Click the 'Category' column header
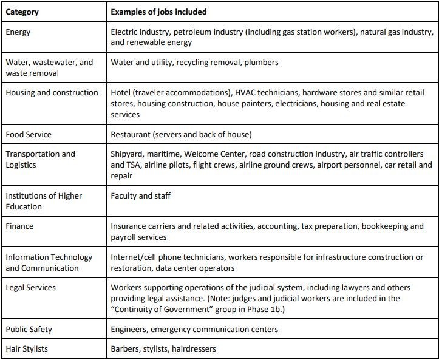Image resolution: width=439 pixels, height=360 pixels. pyautogui.click(x=22, y=12)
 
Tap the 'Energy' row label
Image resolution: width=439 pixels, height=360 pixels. pyautogui.click(x=18, y=31)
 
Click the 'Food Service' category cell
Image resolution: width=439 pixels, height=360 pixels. pyautogui.click(x=29, y=134)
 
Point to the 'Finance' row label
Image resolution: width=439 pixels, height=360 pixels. pyautogui.click(x=19, y=226)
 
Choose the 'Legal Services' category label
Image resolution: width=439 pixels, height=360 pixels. pyautogui.click(x=30, y=287)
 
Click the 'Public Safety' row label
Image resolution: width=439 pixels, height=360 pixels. pyautogui.click(x=29, y=329)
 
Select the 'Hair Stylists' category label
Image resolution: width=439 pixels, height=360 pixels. pyautogui.click(x=27, y=348)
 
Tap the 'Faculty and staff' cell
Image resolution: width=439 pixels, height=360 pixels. pyautogui.click(x=140, y=195)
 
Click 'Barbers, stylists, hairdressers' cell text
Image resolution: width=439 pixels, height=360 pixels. pyautogui.click(x=163, y=348)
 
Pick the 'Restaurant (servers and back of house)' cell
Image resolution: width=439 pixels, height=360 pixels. pyautogui.click(x=181, y=134)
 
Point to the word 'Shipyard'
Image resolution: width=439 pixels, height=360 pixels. pyautogui.click(x=128, y=154)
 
